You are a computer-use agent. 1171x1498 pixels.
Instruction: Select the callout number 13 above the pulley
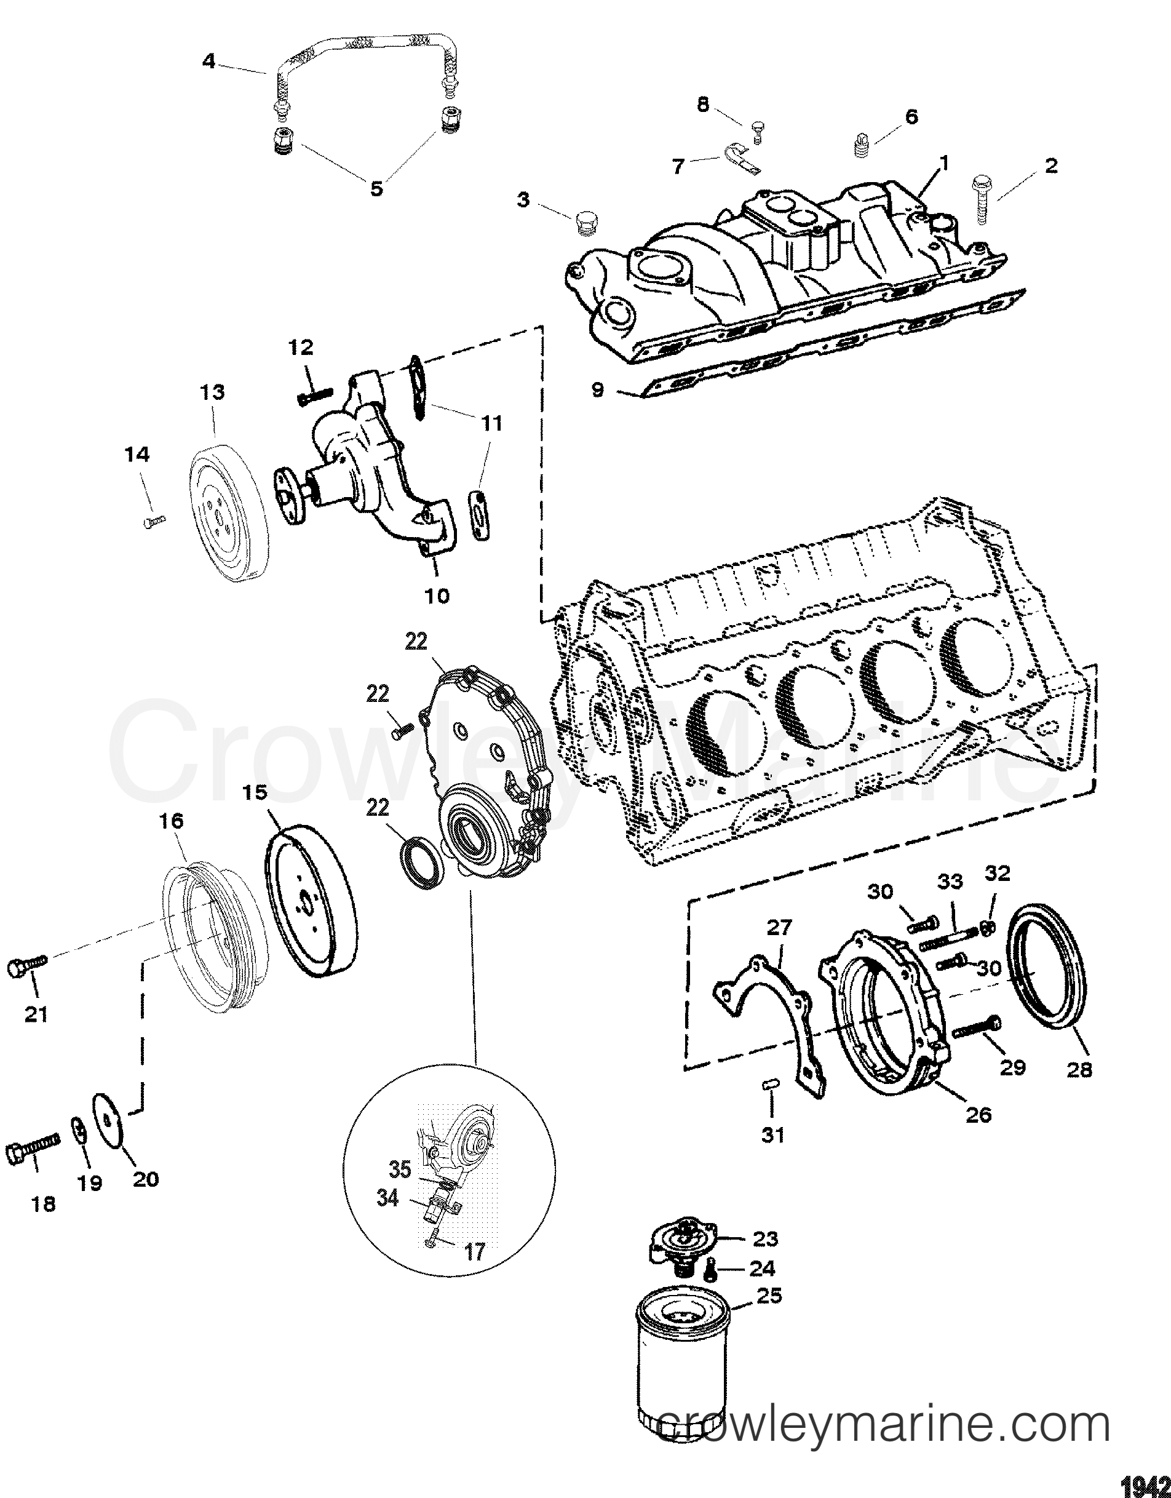[213, 393]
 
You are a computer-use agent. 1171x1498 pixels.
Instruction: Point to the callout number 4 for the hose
[209, 62]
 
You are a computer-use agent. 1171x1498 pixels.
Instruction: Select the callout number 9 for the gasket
[598, 389]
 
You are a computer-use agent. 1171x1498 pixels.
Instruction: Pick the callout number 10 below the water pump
[437, 596]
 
